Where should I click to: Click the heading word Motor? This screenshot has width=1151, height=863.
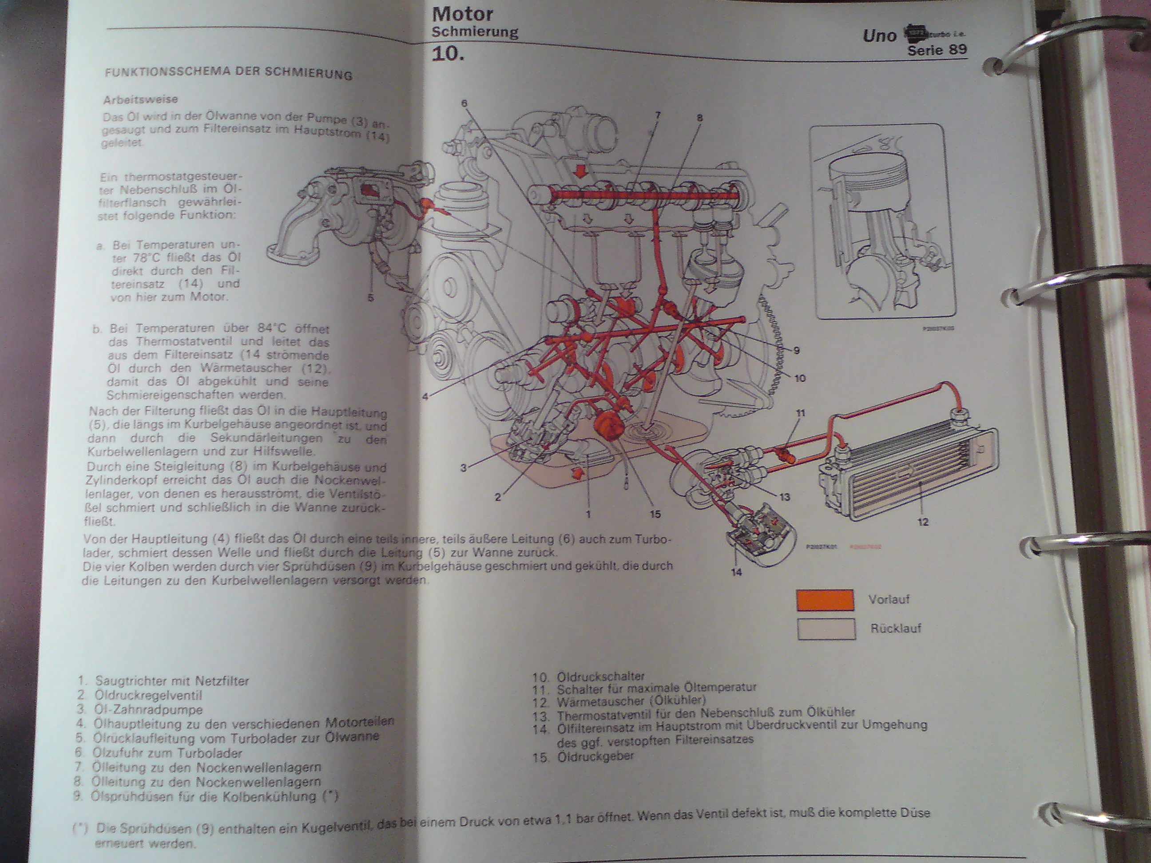coord(462,14)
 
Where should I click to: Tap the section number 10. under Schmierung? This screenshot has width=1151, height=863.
coord(447,54)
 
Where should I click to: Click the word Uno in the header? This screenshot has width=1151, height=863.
coord(879,36)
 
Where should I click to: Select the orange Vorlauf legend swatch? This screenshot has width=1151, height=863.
coord(825,600)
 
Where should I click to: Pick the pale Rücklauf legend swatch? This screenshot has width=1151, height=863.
coord(826,629)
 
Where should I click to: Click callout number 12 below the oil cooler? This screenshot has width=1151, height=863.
coord(923,522)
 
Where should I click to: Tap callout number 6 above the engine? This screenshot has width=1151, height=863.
coord(464,103)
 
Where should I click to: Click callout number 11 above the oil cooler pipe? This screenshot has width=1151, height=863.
coord(800,413)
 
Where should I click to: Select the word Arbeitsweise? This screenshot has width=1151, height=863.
coord(140,99)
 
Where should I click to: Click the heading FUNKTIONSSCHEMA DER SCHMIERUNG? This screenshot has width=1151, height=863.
coord(228,73)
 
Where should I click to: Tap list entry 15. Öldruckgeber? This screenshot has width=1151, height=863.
coord(583,757)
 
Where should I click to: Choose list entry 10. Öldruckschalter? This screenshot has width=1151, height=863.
coord(588,677)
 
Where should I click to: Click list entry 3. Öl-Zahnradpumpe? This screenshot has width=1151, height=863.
coord(139,709)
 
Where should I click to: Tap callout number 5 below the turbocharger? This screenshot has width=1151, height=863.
coord(371,298)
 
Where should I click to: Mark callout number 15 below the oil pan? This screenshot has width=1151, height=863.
coord(655,514)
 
